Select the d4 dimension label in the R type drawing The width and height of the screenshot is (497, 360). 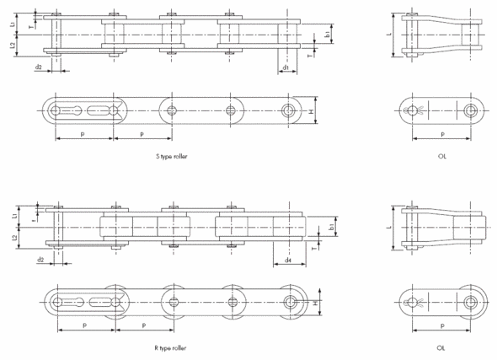click(288, 259)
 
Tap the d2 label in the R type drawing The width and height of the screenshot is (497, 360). click(40, 259)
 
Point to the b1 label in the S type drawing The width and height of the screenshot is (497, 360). click(327, 35)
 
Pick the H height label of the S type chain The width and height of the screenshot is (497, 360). click(312, 111)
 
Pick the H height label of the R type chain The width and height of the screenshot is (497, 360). click(317, 303)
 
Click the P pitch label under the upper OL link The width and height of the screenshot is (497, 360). click(441, 134)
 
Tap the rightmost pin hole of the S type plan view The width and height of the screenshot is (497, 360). click(290, 111)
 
